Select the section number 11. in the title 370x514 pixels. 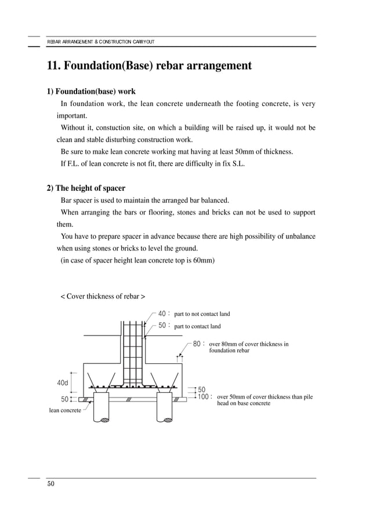point(54,65)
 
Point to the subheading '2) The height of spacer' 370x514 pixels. point(86,188)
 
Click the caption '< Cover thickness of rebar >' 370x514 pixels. point(103,296)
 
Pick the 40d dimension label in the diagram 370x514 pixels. point(63,382)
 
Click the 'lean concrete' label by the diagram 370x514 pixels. point(64,410)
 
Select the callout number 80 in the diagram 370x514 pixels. point(197,343)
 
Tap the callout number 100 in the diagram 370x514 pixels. point(204,397)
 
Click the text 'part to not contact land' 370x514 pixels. point(202,314)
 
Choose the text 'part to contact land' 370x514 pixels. point(197,326)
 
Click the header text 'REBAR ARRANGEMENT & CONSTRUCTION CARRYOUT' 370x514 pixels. point(100,42)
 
